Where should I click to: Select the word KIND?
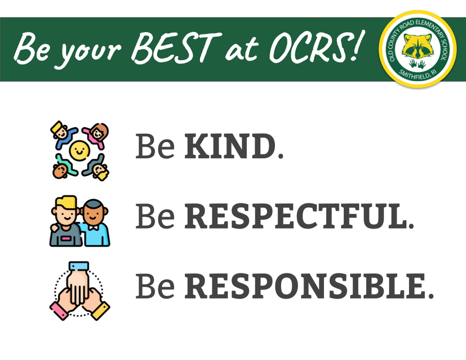[230, 146]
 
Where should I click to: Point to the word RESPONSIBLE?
[305, 286]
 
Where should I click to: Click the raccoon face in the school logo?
[417, 46]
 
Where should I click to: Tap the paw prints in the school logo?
[417, 63]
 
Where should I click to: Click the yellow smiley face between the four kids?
[79, 149]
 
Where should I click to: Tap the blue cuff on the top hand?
[79, 266]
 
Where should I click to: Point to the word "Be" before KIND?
[155, 146]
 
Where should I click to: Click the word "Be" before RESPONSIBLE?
[155, 286]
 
